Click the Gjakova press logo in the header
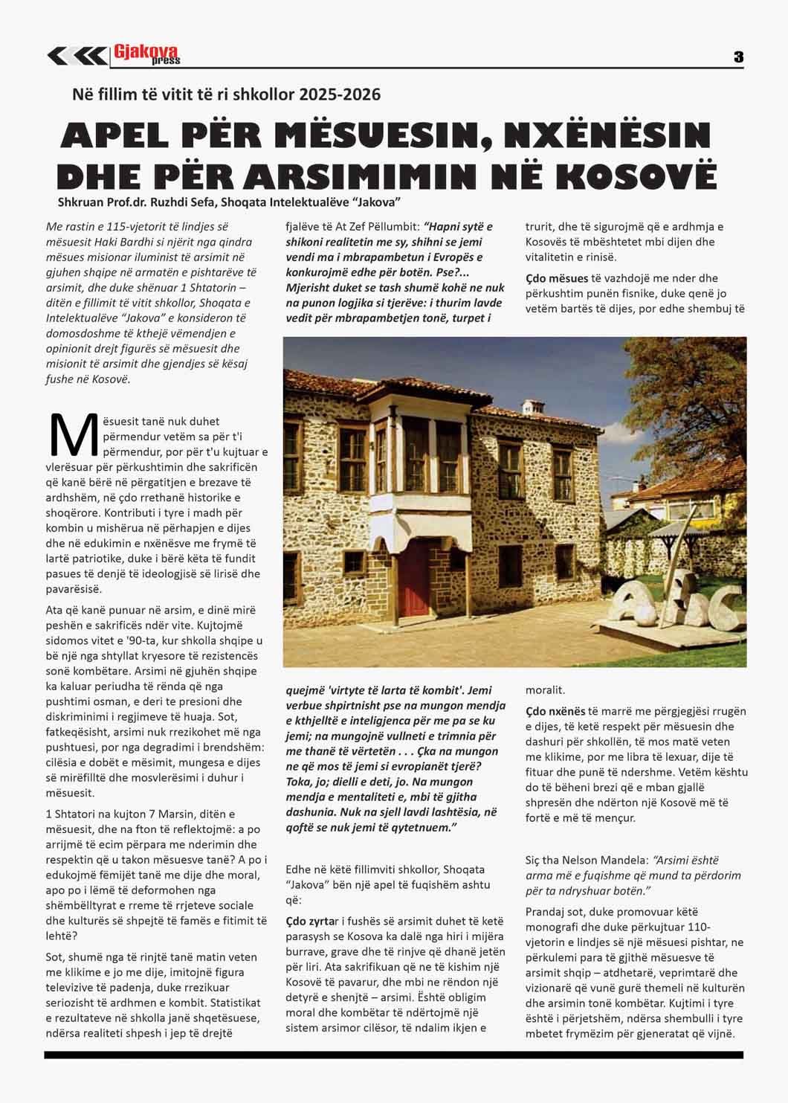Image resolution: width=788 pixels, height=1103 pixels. point(146,54)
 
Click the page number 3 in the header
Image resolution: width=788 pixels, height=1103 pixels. point(737,57)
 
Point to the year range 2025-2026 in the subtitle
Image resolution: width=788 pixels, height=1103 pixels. point(340,95)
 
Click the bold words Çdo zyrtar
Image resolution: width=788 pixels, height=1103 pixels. point(312,901)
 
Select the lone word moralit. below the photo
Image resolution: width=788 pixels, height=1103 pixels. point(545,690)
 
